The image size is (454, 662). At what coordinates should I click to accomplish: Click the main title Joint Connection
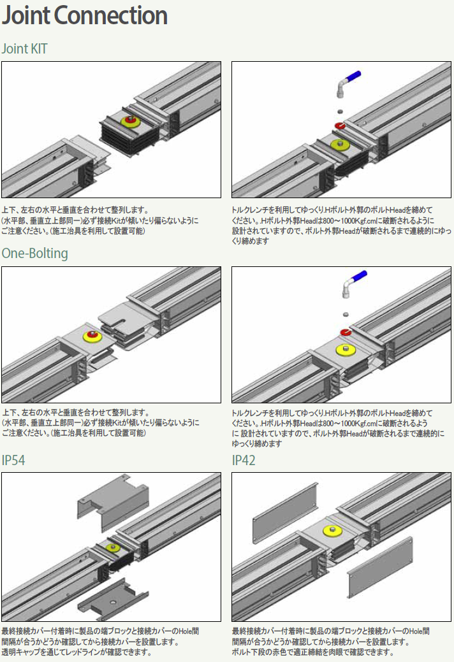pos(85,16)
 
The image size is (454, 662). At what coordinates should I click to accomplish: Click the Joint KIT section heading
pos(24,48)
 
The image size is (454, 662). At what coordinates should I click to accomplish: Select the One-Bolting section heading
pos(34,253)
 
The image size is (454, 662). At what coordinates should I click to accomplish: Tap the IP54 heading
pos(13,459)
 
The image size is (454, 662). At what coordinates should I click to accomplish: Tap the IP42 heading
pos(244,459)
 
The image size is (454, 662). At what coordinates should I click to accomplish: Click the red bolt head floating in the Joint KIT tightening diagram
pos(339,126)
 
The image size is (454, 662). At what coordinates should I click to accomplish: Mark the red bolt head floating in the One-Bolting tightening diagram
pos(345,331)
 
